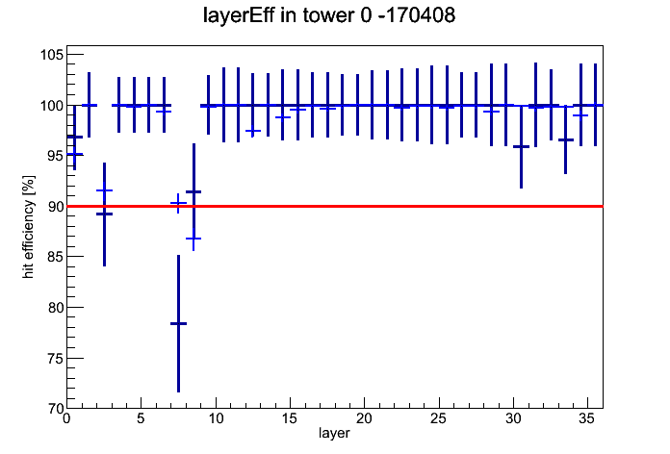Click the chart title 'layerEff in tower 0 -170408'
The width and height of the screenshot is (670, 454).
point(329,15)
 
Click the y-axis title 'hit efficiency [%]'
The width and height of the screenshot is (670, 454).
point(28,227)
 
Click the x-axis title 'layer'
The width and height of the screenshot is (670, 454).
point(334,433)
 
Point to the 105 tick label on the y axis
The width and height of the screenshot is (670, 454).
point(52,55)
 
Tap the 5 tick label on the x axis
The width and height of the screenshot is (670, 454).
point(141,418)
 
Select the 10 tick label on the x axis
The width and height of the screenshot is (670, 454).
point(216,418)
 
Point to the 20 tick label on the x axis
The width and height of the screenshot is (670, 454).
point(364,418)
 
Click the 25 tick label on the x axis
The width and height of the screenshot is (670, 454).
point(438,418)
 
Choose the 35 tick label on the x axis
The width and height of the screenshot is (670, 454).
point(587,418)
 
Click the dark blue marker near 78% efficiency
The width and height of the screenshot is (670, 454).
point(179,323)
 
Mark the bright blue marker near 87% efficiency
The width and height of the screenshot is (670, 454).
point(193,239)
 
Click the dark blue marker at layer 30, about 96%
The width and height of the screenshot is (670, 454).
point(522,146)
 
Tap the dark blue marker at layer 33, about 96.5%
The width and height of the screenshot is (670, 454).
point(566,139)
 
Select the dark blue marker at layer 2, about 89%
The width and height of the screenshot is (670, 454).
point(104,214)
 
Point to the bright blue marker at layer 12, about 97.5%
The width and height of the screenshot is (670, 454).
point(253,131)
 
